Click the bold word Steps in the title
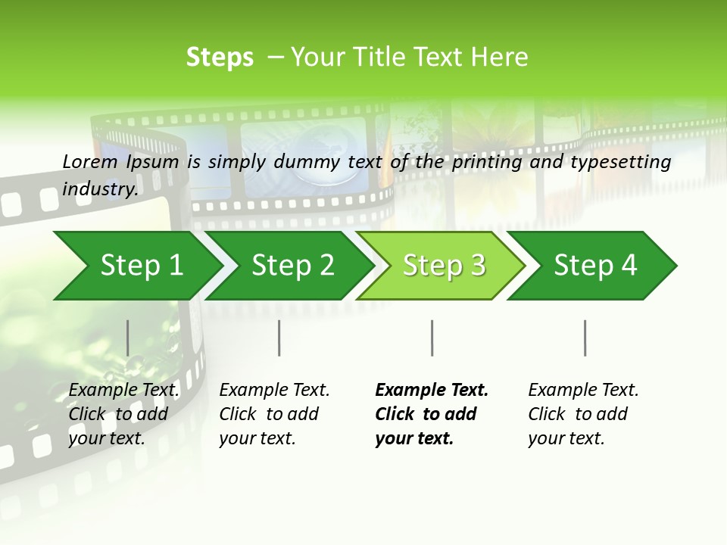[220, 58]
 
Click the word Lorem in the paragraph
[89, 161]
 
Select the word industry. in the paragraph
[100, 188]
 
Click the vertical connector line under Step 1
[127, 338]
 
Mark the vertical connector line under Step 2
[279, 338]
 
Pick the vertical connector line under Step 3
[432, 338]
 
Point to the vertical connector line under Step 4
[585, 338]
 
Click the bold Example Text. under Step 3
[432, 390]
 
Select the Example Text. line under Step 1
[123, 390]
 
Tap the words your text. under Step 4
[566, 438]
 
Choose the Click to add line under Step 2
[269, 414]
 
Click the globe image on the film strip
[318, 155]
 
